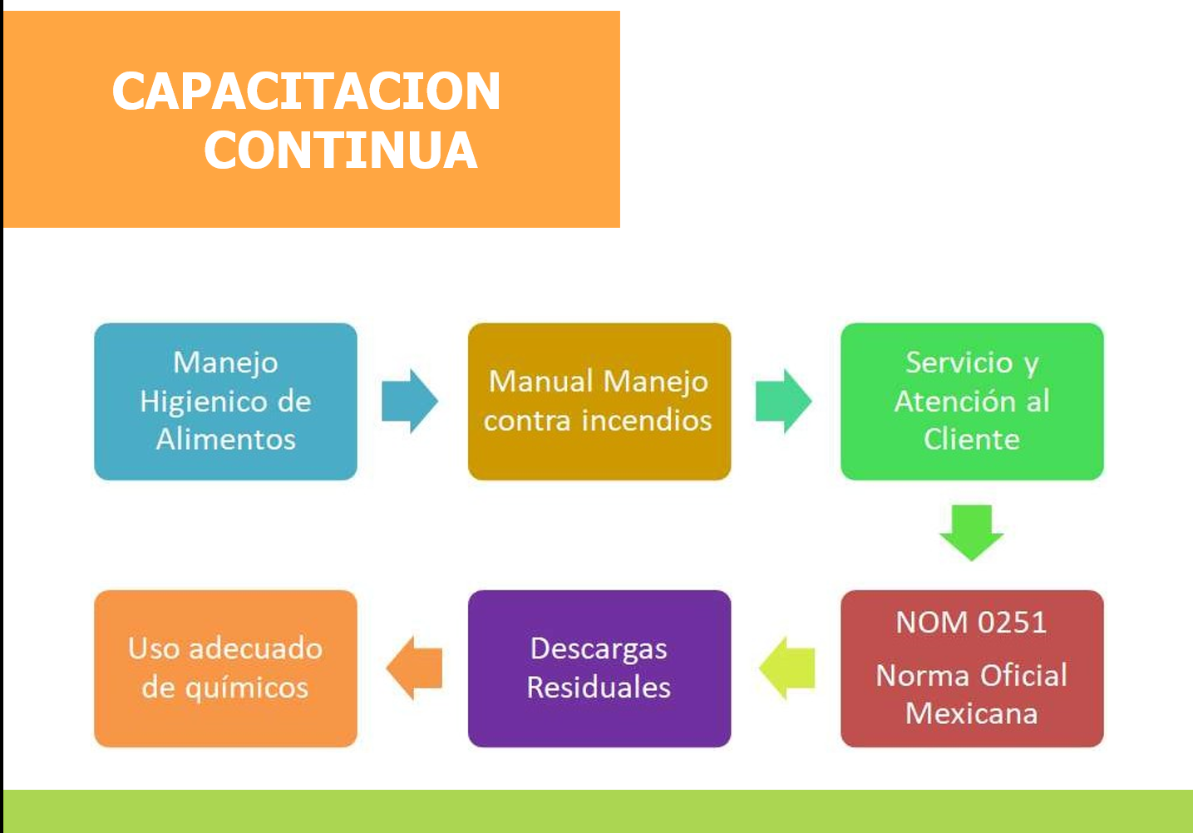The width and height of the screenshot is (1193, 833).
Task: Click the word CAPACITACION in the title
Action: coord(306,91)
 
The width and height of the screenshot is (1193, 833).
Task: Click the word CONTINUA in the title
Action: coord(341,150)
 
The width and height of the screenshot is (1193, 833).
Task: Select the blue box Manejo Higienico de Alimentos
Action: coord(226,401)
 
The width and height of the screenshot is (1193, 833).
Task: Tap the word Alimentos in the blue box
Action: coord(226,440)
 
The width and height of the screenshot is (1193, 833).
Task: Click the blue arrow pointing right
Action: coord(410,401)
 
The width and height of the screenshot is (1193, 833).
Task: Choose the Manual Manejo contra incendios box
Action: coord(599,401)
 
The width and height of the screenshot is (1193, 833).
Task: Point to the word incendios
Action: coord(647,420)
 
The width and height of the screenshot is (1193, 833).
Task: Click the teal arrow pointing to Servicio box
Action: coord(783,401)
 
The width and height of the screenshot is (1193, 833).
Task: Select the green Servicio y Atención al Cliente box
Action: coord(972,401)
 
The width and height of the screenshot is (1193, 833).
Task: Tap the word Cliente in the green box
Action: coord(972,440)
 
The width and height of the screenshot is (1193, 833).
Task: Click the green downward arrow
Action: coord(971,533)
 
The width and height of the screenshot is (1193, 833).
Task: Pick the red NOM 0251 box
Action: coord(972,668)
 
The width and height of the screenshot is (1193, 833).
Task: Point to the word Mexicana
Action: coord(972,713)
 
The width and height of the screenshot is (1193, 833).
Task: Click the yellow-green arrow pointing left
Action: coord(787,668)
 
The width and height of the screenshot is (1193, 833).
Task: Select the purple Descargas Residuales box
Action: coord(599,668)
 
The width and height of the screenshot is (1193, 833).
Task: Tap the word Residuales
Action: coord(599,687)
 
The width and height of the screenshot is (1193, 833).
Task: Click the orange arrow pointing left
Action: coord(414,668)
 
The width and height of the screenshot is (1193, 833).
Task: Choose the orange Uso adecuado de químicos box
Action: coord(226,668)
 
